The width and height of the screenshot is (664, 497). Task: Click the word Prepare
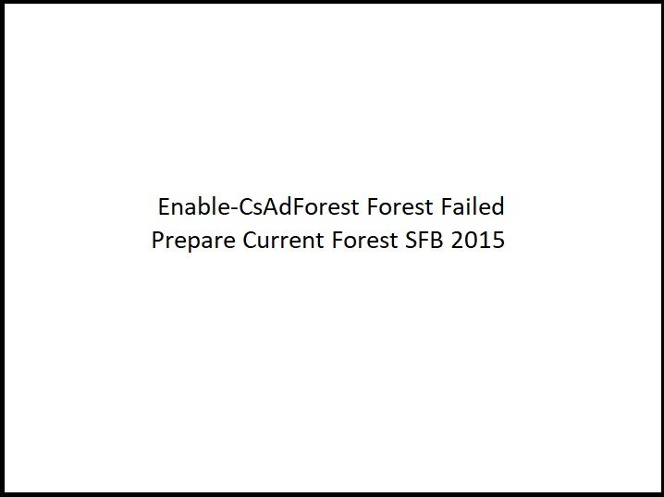(x=193, y=242)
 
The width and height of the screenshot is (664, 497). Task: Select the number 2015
(x=478, y=241)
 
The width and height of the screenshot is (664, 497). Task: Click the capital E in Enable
(x=164, y=205)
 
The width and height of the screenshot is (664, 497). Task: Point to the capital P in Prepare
(x=157, y=241)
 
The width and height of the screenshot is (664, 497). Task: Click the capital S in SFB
(x=411, y=241)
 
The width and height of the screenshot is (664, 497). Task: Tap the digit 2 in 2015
(x=459, y=241)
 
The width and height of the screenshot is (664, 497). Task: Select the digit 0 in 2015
(x=472, y=241)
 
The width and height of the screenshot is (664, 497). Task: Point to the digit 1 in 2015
(x=486, y=241)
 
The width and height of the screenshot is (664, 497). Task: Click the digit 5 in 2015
(x=498, y=241)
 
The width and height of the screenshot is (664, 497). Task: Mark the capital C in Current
(x=250, y=241)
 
